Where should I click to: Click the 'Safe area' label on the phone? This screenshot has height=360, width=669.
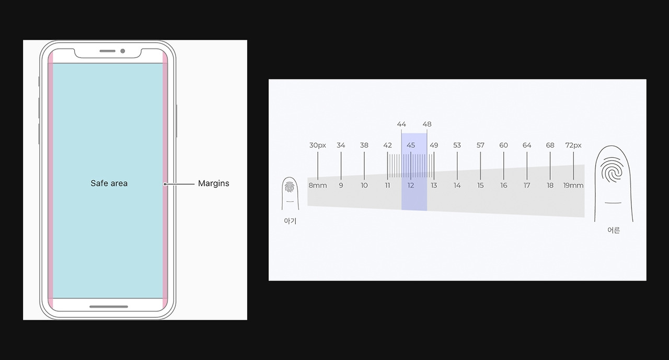coord(109,183)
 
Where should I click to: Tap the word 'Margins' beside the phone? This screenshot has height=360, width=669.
coord(214,183)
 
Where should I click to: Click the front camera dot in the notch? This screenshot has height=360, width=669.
coord(123,51)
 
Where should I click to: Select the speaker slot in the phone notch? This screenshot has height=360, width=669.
coord(108,51)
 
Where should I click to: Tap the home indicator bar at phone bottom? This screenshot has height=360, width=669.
coord(109,307)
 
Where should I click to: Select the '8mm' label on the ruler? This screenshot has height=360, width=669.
coord(317,185)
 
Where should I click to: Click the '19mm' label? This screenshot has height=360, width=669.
coord(573,185)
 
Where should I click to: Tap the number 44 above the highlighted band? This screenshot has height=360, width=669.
coord(401,124)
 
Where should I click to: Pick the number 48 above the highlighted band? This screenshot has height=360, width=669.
coord(427,124)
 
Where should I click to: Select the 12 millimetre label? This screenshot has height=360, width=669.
coord(411,185)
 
